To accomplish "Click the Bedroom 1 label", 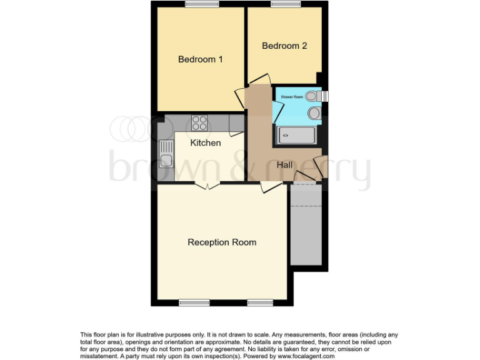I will pos(201,59).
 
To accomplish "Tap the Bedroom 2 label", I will pos(284,46).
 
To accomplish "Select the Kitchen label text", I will pos(206,143).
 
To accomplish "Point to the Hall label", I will pos(285,164).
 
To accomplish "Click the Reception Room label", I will pos(222,242).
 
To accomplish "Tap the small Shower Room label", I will pos(292,97).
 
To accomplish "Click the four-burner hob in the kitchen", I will pos(199,122).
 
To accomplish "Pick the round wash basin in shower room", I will pos(315,113).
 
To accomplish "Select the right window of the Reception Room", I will pos(259,302).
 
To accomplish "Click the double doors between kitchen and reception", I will pos(207,184).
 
